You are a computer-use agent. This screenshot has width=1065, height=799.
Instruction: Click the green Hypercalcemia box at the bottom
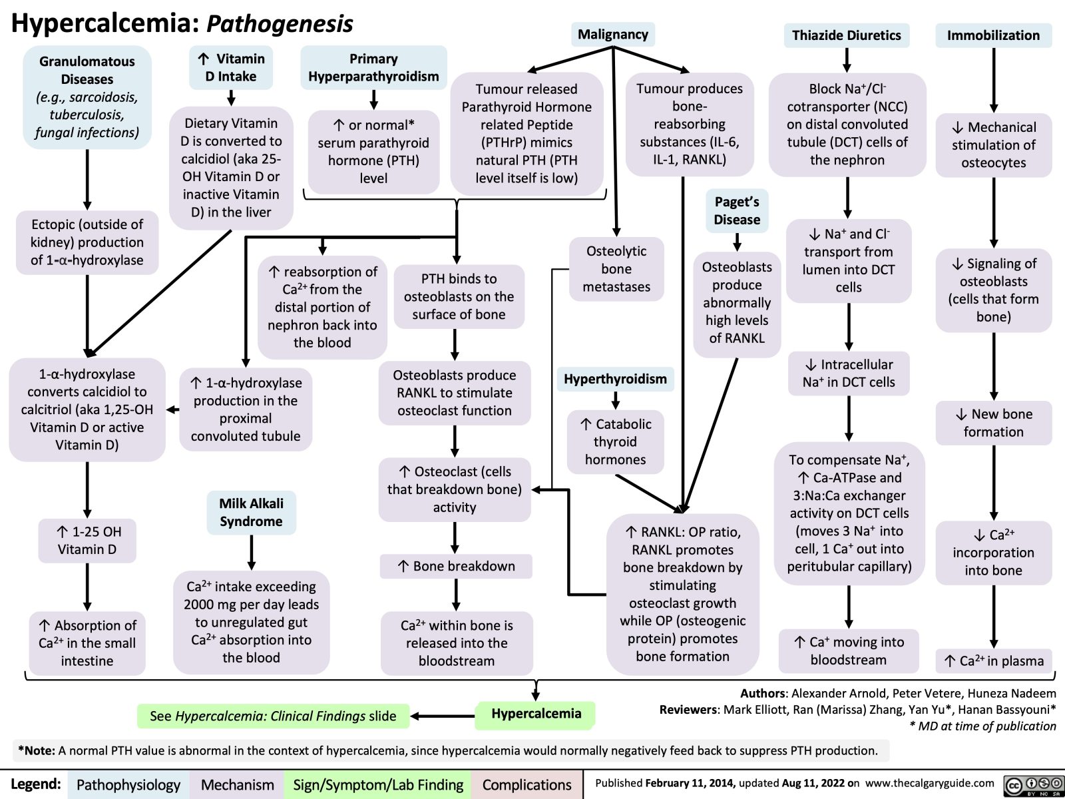[536, 714]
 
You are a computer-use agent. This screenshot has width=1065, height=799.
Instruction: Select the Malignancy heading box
[612, 35]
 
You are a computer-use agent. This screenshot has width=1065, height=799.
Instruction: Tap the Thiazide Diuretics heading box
[846, 35]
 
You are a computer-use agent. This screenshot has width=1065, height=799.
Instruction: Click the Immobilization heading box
[993, 35]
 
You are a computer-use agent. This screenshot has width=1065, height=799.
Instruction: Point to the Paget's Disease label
[737, 210]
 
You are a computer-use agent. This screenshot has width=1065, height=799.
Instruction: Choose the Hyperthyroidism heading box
[615, 379]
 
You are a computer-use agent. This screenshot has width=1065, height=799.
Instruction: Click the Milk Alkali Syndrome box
[251, 512]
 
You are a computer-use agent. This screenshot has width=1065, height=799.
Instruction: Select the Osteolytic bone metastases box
[616, 269]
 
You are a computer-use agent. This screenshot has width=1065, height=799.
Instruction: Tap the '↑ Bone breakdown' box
[457, 566]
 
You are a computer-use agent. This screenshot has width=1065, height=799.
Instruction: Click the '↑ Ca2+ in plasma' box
[994, 661]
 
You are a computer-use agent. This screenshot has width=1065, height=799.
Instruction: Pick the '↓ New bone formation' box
[994, 423]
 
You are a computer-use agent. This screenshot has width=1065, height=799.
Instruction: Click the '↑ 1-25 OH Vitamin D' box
[87, 540]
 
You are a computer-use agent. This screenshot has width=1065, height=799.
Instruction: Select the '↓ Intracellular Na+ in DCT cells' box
[849, 374]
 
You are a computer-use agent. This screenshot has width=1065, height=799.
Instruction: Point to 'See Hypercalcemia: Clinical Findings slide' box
[273, 716]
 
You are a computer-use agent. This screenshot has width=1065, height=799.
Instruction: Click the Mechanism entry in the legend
[237, 785]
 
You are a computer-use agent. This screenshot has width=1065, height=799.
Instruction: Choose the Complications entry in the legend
[527, 785]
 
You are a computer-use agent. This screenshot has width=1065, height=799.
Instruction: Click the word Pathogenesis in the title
[280, 24]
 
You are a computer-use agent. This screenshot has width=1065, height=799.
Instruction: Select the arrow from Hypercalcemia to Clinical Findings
[443, 716]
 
